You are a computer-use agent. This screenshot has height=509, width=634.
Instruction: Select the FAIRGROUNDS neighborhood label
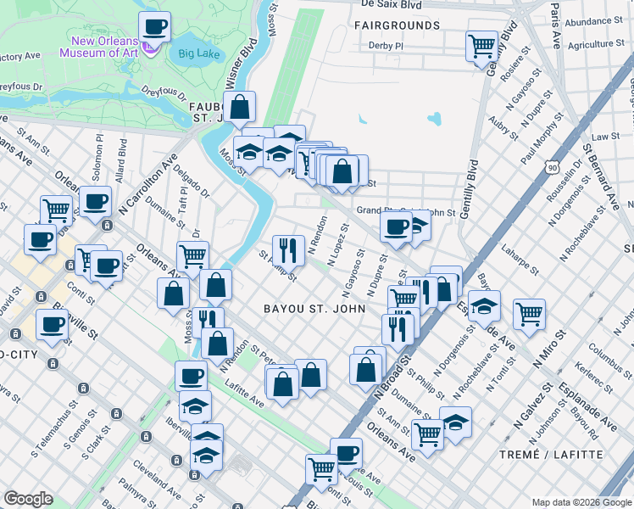[x=398, y=25]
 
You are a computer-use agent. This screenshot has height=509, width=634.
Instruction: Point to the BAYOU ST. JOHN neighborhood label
[x=314, y=308]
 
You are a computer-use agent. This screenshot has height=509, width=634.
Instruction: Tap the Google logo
[x=28, y=499]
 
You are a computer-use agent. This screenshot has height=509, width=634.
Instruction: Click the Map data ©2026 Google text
[x=581, y=502]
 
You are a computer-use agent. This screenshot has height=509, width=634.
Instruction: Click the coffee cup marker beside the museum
[x=153, y=28]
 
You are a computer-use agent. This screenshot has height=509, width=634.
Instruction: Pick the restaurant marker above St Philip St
[x=288, y=249]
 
